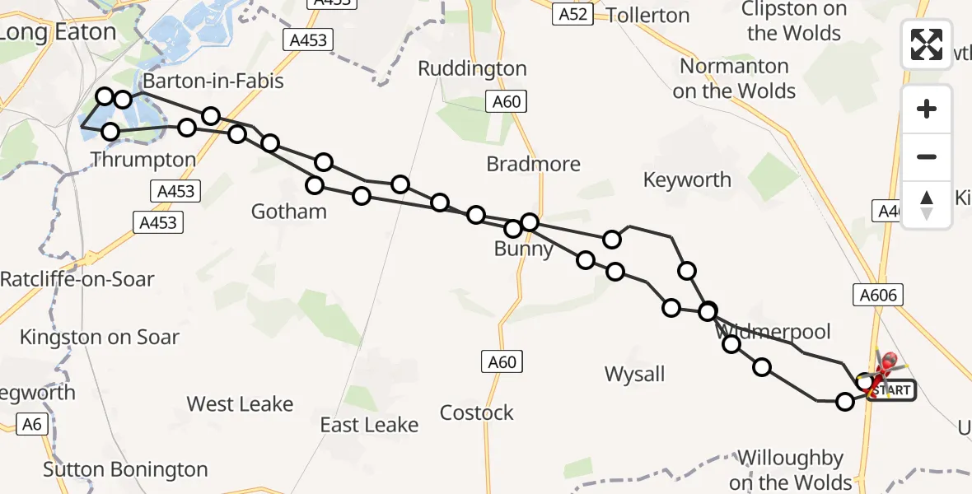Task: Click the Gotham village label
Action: pos(289,212)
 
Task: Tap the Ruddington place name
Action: pos(472,68)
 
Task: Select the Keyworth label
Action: pos(687,179)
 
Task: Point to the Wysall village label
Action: pos(634,375)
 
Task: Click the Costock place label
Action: pos(476,412)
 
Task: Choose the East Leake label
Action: pos(369,425)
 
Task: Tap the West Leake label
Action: pos(240,404)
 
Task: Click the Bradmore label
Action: pos(533,164)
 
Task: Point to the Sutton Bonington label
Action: pos(125,470)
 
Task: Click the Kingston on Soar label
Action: pos(99,337)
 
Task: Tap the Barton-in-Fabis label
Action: pos(213,81)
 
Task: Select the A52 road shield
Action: pos(572,14)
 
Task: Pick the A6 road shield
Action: pos(31,425)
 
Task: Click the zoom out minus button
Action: pos(927,156)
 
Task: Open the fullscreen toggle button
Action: pos(927,44)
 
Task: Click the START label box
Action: pos(893,390)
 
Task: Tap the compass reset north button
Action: pos(927,204)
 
